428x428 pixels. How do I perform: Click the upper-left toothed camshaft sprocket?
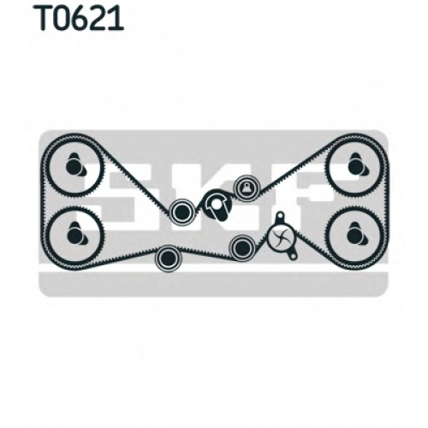click(74, 166)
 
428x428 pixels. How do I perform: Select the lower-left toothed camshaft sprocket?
click(75, 235)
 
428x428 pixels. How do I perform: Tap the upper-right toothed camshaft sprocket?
click(355, 166)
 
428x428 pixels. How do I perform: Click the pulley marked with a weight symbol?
click(247, 187)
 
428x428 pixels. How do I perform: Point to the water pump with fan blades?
click(282, 236)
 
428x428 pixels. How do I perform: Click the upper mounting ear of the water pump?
click(280, 217)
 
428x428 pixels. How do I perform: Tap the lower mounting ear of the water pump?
click(292, 255)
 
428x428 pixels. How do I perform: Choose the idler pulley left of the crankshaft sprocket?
click(181, 211)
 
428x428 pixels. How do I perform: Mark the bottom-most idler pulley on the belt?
click(168, 259)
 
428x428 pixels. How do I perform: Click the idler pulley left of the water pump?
click(242, 247)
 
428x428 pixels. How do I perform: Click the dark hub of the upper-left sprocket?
click(73, 166)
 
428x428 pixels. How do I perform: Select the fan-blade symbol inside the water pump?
click(278, 236)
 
